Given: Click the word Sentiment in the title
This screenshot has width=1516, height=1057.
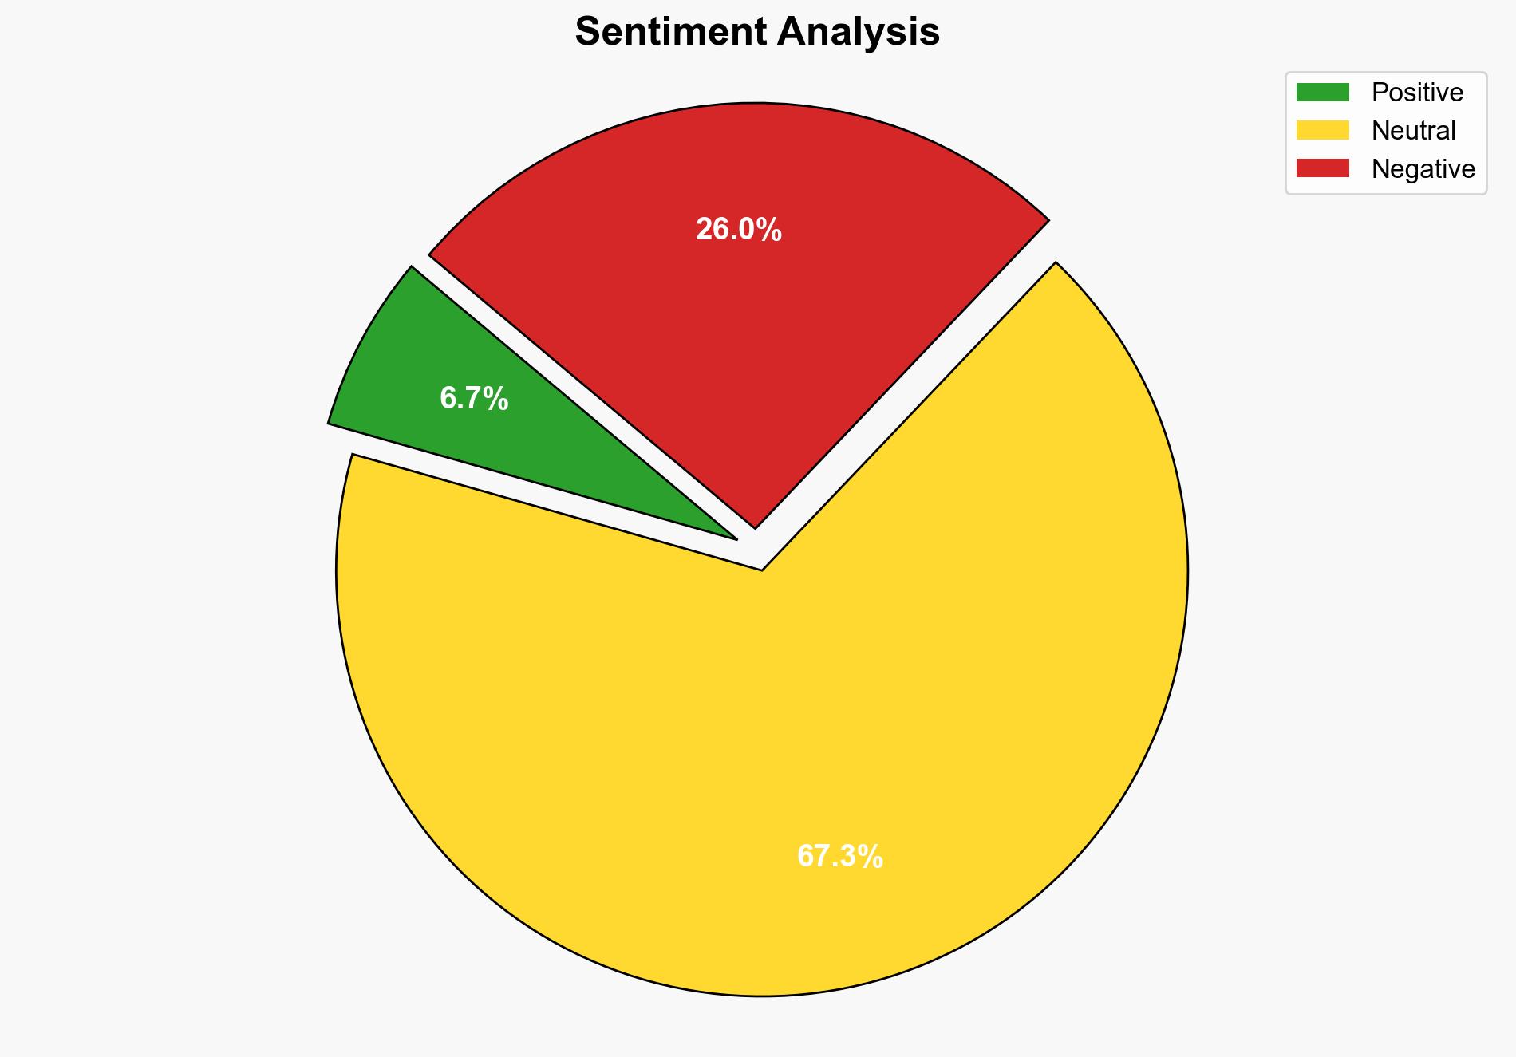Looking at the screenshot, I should click(669, 33).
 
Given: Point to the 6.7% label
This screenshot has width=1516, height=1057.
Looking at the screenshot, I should click(474, 398).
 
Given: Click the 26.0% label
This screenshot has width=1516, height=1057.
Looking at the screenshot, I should click(738, 230).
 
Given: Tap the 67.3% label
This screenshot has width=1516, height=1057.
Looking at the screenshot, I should click(839, 857).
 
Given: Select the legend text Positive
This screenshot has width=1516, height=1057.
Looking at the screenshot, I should click(1417, 93).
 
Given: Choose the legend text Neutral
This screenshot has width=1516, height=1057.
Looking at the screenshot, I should click(1413, 131).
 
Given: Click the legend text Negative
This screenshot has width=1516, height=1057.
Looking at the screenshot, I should click(1423, 169).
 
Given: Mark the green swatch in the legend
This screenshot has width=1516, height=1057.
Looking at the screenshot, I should click(1322, 93).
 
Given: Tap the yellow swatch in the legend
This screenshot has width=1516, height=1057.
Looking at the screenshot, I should click(1322, 130).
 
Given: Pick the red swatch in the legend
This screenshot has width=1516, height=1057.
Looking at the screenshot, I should click(1322, 168).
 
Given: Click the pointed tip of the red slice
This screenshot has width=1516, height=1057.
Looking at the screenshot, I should click(755, 526).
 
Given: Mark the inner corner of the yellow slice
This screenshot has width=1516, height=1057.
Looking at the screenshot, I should click(762, 569).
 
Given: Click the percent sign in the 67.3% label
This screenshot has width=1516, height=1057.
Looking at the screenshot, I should click(871, 857).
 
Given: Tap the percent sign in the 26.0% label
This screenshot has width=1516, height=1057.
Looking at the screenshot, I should click(770, 230).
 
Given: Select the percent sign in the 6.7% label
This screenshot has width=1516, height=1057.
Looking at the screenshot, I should click(497, 398).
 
